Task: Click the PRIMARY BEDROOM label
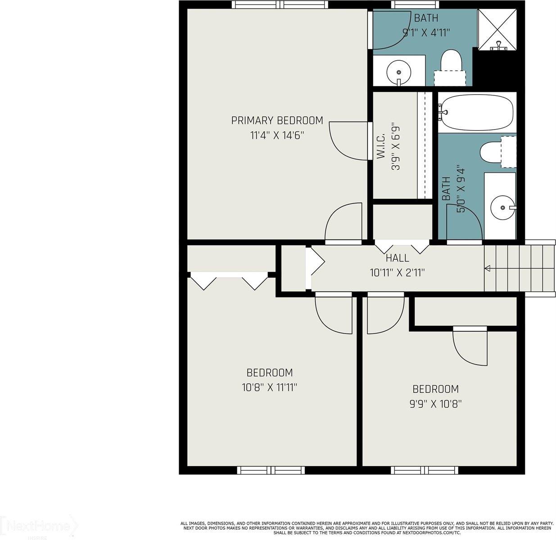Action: [277, 121]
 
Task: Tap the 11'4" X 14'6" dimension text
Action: [277, 135]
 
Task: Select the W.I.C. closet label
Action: [381, 146]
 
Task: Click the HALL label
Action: [397, 258]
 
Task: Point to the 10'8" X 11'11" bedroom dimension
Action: [269, 387]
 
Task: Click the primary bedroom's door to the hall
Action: [343, 223]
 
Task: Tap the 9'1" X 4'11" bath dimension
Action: [426, 32]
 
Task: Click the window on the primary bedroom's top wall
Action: [280, 5]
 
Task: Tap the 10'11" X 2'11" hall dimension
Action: [397, 272]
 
